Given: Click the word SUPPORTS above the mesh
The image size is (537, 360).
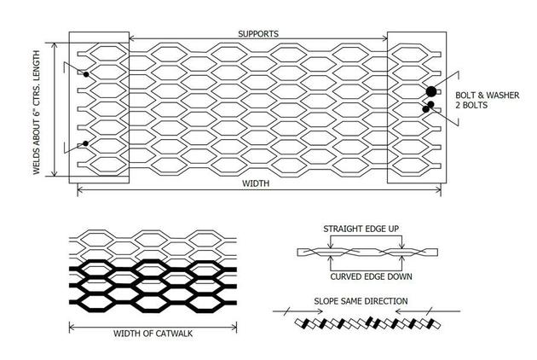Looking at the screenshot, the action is tap(258, 33).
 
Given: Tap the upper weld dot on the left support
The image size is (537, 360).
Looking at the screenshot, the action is tap(86, 74).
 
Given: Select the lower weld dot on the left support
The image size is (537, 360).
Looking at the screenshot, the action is tap(85, 143).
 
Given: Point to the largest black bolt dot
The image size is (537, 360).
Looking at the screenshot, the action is tap(431, 91).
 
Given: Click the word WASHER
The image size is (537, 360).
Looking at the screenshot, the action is tap(503, 95).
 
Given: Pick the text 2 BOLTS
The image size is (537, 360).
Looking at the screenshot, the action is tap(471, 105).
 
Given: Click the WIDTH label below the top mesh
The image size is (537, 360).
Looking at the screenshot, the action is tap(256, 183).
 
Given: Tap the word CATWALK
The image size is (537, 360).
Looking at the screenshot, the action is tap(174, 334).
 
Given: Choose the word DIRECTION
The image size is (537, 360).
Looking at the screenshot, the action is tap(387, 301).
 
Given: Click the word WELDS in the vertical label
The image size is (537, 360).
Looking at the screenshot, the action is tap(37, 163).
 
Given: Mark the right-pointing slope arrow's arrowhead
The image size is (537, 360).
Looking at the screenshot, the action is tap(320, 311).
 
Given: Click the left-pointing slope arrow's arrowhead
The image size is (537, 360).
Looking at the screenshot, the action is tap(398, 311).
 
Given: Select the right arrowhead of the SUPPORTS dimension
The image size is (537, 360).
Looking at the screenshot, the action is tap(384, 38).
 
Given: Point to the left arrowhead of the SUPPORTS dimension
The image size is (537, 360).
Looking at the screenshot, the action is tap(132, 38).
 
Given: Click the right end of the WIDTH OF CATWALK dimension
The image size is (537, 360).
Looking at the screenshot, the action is tap(236, 328).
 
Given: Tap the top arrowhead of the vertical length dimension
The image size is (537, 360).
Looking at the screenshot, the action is tap(54, 46).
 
